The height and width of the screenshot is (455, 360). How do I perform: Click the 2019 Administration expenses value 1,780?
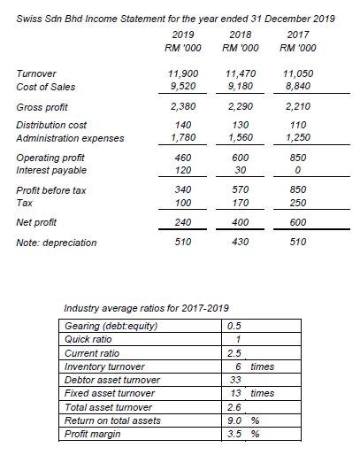tap(183, 138)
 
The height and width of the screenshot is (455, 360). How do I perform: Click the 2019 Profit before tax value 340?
tap(183, 190)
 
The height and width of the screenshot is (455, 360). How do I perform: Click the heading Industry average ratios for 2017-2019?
tap(147, 308)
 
